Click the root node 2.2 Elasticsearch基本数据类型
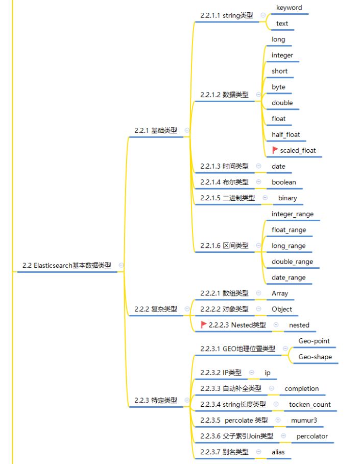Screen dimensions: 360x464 pyautogui.click(x=66, y=266)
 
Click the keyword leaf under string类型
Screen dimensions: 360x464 pyautogui.click(x=289, y=8)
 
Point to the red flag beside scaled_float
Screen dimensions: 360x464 pyautogui.click(x=275, y=150)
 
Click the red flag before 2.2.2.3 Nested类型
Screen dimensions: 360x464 pyautogui.click(x=203, y=324)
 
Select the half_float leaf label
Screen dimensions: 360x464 pyautogui.click(x=286, y=135)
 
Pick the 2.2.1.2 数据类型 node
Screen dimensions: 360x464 pyautogui.click(x=224, y=95)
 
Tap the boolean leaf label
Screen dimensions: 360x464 pyautogui.click(x=284, y=182)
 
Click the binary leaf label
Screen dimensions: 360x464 pyautogui.click(x=287, y=198)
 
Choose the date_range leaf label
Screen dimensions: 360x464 pyautogui.click(x=289, y=278)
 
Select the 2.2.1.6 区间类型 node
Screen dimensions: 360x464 pyautogui.click(x=224, y=246)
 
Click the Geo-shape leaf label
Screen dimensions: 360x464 pyautogui.click(x=314, y=357)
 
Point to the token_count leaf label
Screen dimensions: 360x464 pyautogui.click(x=310, y=405)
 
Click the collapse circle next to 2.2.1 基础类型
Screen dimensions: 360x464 pyautogui.click(x=187, y=131)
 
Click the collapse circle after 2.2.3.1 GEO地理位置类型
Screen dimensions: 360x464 pyautogui.click(x=285, y=349)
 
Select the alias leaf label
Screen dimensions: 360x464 pyautogui.click(x=278, y=452)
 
